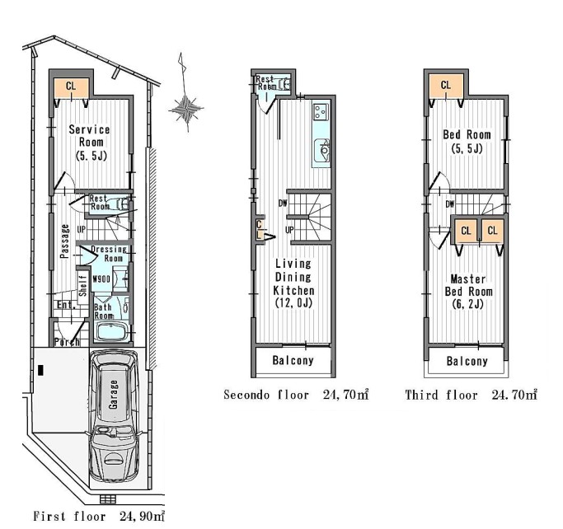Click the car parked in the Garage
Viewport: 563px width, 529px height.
point(115,416)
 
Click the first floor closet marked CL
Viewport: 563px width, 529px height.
point(71,88)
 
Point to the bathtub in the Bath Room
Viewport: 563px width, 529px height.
point(112,331)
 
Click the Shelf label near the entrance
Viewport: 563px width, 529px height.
point(83,285)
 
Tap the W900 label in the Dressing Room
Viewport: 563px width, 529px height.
point(101,279)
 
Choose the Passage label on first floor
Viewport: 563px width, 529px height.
point(64,241)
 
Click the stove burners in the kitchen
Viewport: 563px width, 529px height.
point(321,111)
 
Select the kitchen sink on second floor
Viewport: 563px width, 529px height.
point(321,151)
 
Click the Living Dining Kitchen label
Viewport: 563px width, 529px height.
point(293,283)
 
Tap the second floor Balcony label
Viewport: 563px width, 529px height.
point(293,360)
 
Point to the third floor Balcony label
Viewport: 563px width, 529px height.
point(467,361)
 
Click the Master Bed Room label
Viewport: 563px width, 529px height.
point(468,292)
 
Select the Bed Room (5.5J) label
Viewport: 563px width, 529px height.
point(467,142)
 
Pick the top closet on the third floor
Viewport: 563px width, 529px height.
point(446,86)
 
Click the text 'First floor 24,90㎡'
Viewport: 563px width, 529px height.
point(99,516)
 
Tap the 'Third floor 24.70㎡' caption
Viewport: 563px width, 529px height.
point(471,395)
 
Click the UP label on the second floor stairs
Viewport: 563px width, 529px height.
point(289,230)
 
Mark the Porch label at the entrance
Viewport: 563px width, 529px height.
point(67,342)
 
